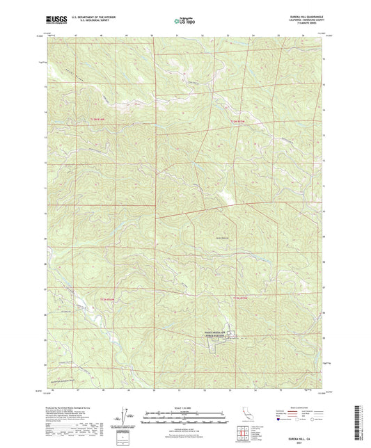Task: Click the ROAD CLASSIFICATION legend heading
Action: pos(298,408)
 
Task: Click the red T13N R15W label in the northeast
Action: pos(239,122)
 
